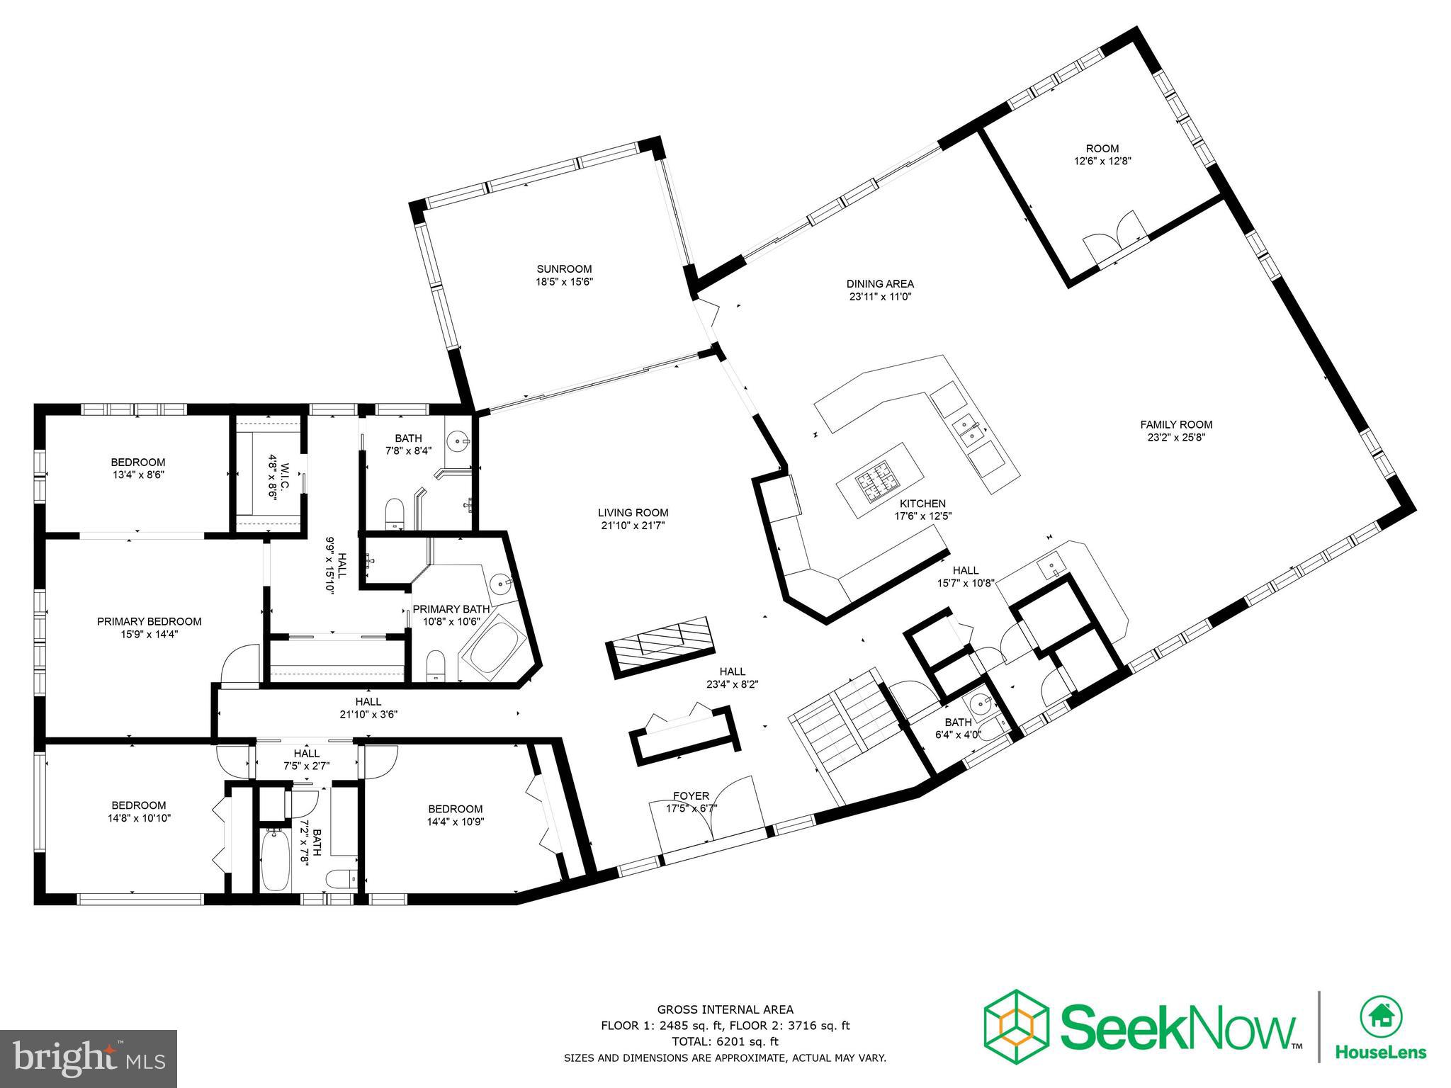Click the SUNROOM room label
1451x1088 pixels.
click(x=563, y=269)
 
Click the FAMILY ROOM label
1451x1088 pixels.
click(x=1176, y=425)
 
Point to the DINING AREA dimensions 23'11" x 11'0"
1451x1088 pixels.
click(x=880, y=297)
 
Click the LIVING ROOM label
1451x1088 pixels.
click(x=633, y=513)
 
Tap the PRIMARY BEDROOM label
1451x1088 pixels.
click(x=149, y=622)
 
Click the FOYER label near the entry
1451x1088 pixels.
click(x=691, y=796)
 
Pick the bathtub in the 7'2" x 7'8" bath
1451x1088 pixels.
click(x=275, y=860)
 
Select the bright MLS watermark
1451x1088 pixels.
click(x=89, y=1059)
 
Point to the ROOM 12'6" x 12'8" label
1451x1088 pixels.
click(x=1102, y=154)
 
